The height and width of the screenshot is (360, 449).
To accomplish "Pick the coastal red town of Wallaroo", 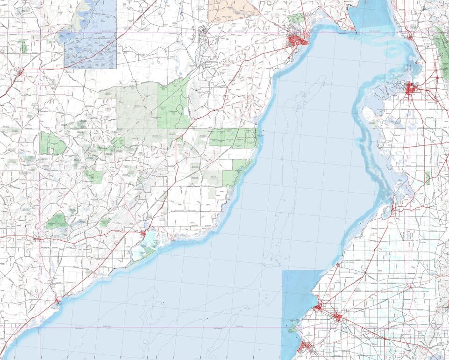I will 318,307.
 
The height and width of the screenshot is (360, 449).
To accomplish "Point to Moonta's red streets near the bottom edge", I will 306,346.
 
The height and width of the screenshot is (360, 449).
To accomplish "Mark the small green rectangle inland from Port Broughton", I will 428,177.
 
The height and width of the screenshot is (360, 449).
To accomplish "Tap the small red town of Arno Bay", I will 58,301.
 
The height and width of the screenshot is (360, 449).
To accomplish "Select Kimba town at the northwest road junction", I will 19,72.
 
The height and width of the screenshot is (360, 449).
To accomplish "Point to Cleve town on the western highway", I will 38,239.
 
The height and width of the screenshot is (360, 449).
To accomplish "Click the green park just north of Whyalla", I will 296,20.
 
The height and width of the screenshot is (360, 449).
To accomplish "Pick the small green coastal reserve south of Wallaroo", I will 292,330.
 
